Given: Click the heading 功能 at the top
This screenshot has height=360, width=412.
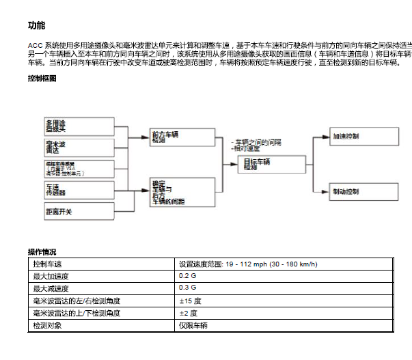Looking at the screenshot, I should coord(36,26).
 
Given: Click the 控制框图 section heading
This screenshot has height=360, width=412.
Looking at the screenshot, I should coord(42,79).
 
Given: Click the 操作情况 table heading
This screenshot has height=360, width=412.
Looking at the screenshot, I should coord(42,252).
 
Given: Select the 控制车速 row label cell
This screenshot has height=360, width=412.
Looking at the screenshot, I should coord(102,264).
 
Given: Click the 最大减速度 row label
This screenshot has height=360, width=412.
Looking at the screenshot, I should coord(102,288).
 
